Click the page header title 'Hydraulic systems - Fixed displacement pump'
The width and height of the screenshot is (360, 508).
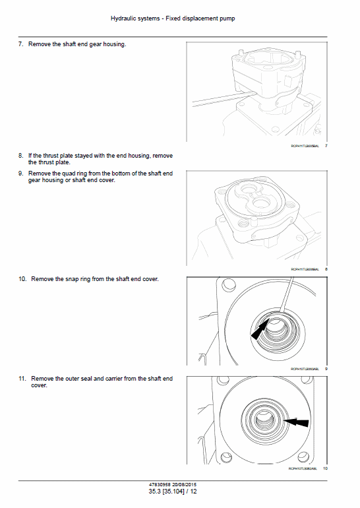point(180,18)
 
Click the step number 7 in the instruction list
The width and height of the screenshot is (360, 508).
point(20,44)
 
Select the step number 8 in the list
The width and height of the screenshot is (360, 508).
point(20,156)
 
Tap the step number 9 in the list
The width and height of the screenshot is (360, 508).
point(20,174)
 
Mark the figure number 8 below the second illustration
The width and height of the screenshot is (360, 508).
point(326,269)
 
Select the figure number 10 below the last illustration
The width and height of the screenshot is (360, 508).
point(325,468)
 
